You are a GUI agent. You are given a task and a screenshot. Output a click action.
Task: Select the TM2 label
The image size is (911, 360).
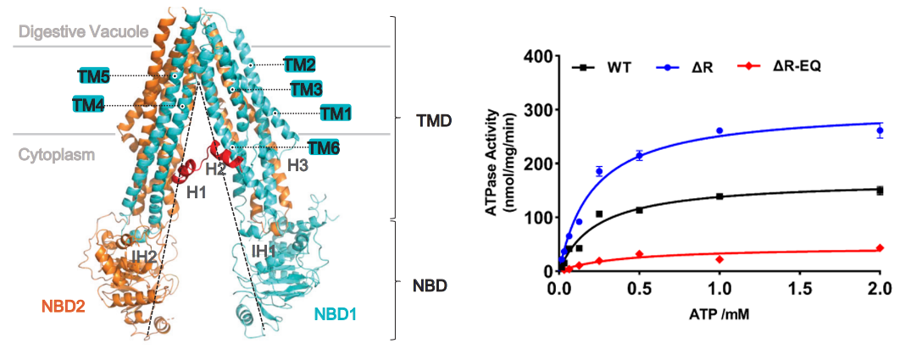(x=299, y=64)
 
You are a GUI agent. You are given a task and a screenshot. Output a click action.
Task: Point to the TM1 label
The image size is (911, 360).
(x=336, y=113)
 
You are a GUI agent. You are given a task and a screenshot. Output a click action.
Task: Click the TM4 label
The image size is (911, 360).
(x=89, y=105)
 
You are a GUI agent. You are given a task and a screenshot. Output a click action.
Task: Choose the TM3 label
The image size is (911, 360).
(x=305, y=88)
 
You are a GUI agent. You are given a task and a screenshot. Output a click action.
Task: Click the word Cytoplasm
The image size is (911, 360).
(x=55, y=155)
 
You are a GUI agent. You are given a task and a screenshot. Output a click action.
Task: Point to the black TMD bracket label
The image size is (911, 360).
(x=434, y=121)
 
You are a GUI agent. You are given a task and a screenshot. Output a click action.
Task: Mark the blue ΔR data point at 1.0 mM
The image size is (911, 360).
(x=719, y=130)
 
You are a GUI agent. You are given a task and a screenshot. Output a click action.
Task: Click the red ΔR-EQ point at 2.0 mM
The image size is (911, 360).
(x=880, y=248)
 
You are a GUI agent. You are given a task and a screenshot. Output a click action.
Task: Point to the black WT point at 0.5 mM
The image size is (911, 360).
(x=639, y=209)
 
